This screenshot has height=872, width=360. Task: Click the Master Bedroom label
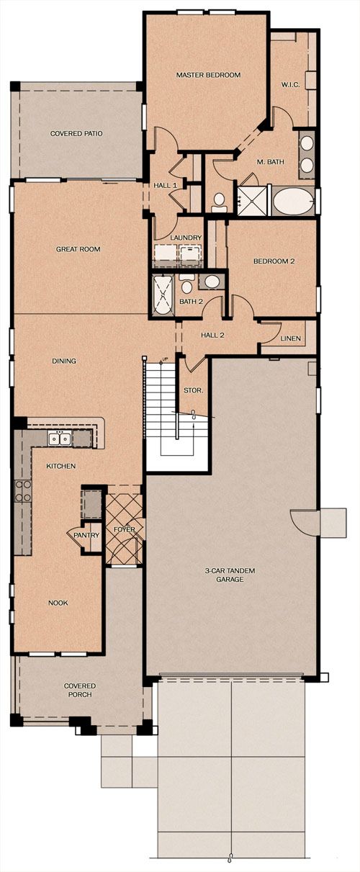208,75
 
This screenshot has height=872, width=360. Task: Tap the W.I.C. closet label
290,84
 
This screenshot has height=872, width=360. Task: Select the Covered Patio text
76,133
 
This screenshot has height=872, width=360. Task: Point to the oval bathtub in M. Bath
294,201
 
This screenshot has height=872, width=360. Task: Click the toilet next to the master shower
219,202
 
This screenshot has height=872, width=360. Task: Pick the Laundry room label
186,238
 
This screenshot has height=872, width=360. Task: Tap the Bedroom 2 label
274,261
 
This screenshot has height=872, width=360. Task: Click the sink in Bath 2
212,282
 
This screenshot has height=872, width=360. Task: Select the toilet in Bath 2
186,284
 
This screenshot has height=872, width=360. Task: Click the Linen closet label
291,338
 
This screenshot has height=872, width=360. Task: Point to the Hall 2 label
212,335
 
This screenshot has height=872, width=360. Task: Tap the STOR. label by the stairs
194,390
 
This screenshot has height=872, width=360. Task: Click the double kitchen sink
59,439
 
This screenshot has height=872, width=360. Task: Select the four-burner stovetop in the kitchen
22,491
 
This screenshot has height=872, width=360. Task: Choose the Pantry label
86,535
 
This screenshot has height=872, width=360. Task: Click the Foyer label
124,529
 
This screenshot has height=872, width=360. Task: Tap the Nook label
58,603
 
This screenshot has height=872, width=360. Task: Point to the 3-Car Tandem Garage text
230,575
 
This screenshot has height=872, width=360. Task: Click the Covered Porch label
80,691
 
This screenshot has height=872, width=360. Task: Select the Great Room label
78,249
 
